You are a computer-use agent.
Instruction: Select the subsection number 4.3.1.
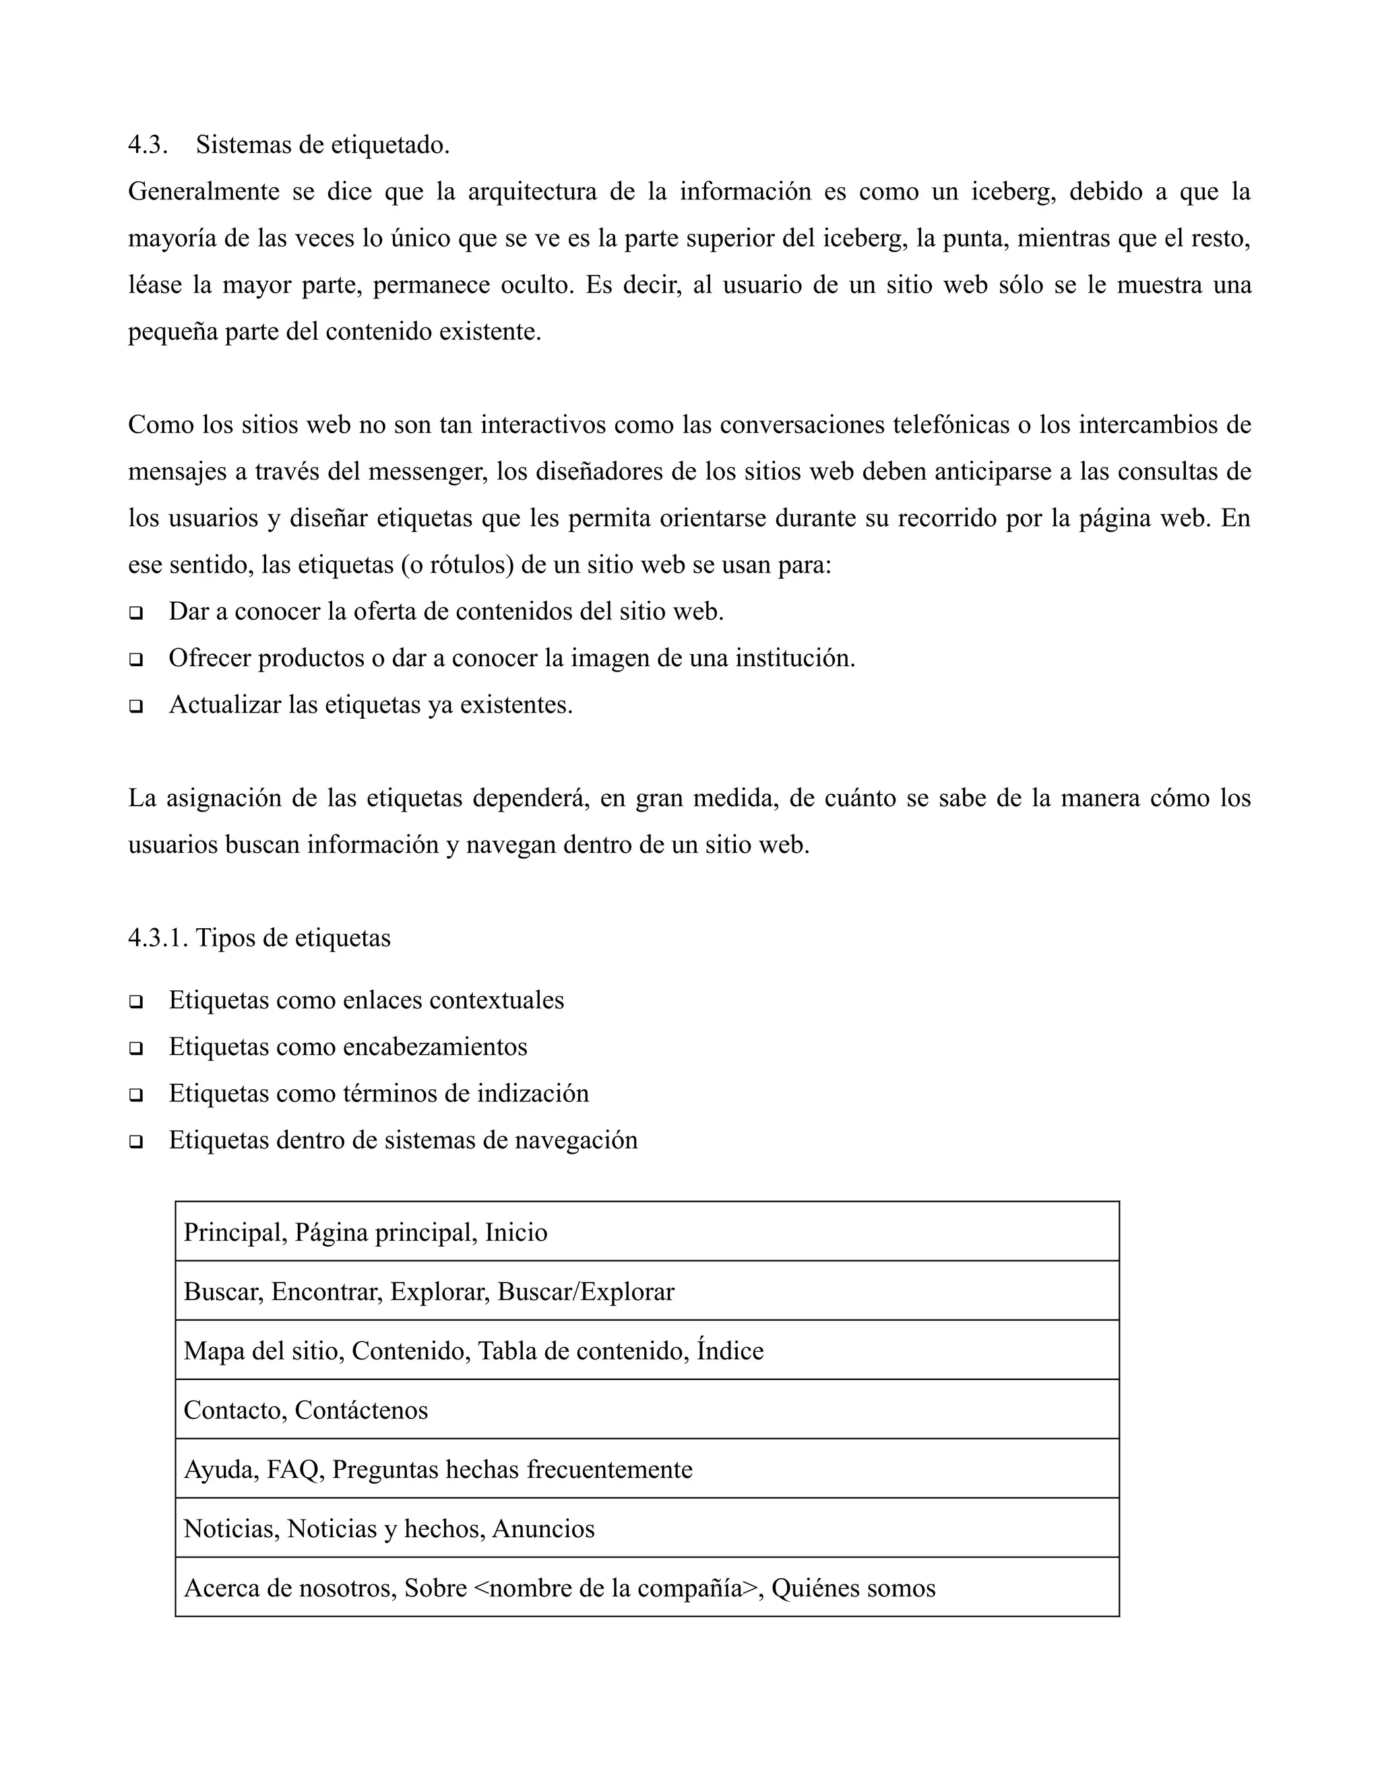coord(158,938)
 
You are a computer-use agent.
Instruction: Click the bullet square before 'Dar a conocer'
coord(135,613)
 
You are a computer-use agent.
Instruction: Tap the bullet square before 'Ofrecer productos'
coord(135,659)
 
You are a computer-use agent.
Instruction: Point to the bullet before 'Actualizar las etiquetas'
coord(135,706)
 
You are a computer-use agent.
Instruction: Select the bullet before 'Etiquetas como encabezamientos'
coord(135,1049)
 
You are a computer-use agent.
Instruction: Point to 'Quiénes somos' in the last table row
coord(852,1589)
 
